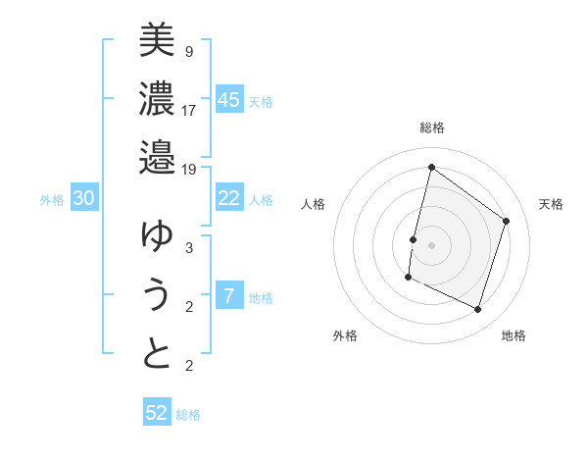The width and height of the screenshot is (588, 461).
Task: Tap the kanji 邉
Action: pyautogui.click(x=157, y=157)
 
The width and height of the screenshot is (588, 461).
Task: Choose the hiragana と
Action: pyautogui.click(x=157, y=354)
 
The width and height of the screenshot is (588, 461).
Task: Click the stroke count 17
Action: pyautogui.click(x=189, y=110)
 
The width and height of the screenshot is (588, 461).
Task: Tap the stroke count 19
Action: pyautogui.click(x=189, y=169)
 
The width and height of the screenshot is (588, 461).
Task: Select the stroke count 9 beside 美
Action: pyautogui.click(x=188, y=51)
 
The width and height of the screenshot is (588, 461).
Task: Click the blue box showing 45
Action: pyautogui.click(x=228, y=100)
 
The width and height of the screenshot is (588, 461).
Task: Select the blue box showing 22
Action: pyautogui.click(x=228, y=198)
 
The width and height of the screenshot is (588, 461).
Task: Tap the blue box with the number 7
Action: pyautogui.click(x=228, y=296)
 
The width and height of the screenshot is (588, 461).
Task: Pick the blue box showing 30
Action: pyautogui.click(x=83, y=198)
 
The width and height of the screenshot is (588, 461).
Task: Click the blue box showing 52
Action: pyautogui.click(x=157, y=413)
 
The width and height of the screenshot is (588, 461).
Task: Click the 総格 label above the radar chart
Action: pyautogui.click(x=431, y=128)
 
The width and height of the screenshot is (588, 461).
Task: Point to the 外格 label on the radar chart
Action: pyautogui.click(x=345, y=335)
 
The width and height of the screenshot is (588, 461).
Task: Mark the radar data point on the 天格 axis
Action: pyautogui.click(x=507, y=221)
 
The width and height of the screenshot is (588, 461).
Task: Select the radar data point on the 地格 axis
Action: pyautogui.click(x=478, y=310)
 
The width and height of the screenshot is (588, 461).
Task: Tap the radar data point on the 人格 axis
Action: pyautogui.click(x=414, y=239)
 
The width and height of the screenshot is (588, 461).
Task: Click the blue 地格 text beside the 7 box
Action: pyautogui.click(x=261, y=298)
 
